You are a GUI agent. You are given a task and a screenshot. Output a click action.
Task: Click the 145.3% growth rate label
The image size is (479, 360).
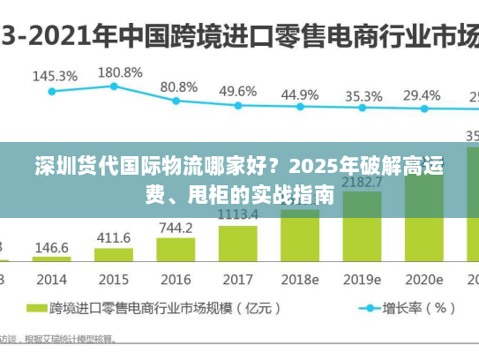coord(55,76)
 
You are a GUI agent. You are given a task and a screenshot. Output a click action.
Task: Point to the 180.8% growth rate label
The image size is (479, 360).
coord(120,71)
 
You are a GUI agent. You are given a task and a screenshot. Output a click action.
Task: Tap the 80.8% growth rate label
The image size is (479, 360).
coord(178,86)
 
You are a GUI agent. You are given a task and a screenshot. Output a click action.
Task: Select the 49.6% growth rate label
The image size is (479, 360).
coord(237,91)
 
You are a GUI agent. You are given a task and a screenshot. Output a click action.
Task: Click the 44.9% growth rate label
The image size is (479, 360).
coord(300,94)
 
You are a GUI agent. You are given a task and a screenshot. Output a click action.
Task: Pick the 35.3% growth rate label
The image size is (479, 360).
coord(363,95)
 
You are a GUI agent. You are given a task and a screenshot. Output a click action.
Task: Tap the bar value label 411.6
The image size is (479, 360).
coord(113,237)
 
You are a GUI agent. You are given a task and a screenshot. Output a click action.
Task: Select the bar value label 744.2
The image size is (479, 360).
coord(176,227)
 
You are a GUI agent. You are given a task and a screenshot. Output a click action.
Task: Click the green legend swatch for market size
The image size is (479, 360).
coord(35,310)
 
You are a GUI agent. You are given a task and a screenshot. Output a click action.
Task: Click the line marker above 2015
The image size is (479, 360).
coord(114,86)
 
